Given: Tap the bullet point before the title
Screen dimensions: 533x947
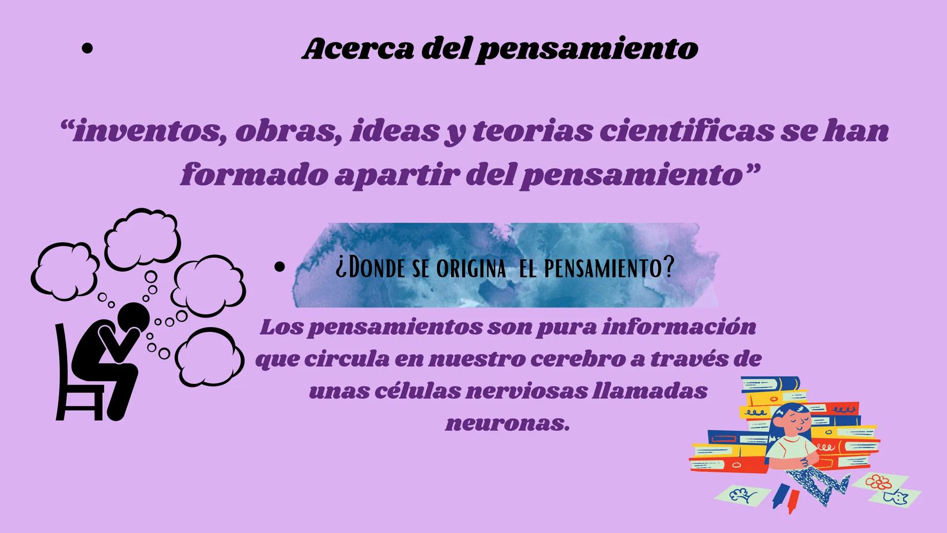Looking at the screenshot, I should pos(87,49).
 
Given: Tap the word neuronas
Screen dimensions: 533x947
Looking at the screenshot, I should pos(508,423).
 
